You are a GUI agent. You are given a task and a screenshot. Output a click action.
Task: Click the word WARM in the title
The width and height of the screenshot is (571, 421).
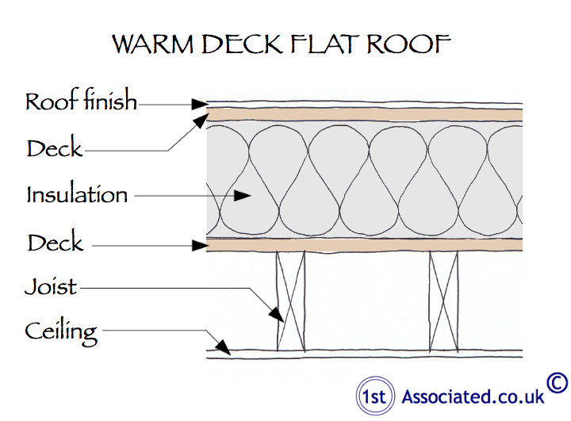tap(153, 44)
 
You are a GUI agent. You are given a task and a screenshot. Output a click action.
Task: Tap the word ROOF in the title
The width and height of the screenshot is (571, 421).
tap(413, 44)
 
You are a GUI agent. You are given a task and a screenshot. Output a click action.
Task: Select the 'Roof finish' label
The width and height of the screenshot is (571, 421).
tap(81, 101)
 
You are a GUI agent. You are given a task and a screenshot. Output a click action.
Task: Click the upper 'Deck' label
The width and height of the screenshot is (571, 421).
tap(54, 148)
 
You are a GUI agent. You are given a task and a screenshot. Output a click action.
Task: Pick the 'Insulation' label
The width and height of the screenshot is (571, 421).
tap(77, 194)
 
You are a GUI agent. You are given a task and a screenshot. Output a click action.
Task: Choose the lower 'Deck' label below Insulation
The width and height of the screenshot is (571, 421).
tap(55, 242)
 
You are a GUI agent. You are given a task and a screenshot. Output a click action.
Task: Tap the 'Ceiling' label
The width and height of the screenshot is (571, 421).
tap(61, 331)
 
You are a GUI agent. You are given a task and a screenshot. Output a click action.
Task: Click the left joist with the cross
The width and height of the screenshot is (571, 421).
tap(291, 300)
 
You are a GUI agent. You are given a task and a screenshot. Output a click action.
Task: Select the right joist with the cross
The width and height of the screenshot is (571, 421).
tap(443, 300)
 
